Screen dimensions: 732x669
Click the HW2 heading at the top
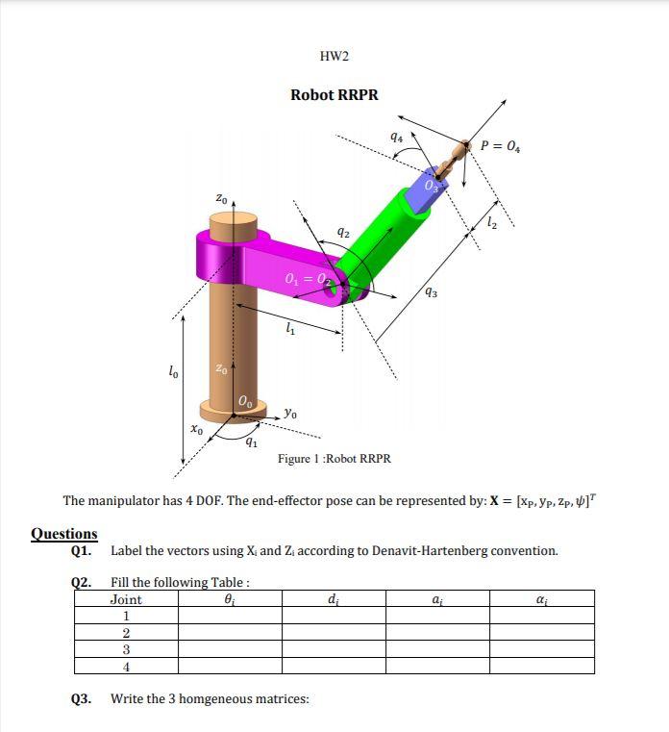(x=334, y=56)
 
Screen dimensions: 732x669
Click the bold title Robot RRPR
(x=334, y=94)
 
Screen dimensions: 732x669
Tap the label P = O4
(x=501, y=146)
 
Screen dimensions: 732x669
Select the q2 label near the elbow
(x=342, y=232)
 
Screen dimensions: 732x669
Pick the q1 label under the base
(x=252, y=442)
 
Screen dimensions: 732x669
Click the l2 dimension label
(x=492, y=224)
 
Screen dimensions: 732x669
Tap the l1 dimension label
(x=289, y=331)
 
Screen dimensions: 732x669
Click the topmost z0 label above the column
(x=221, y=199)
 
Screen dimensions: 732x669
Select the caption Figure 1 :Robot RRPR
(x=334, y=459)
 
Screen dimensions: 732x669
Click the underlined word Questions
(x=64, y=534)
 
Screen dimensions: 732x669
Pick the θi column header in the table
(x=229, y=599)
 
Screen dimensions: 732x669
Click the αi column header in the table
(x=541, y=599)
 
